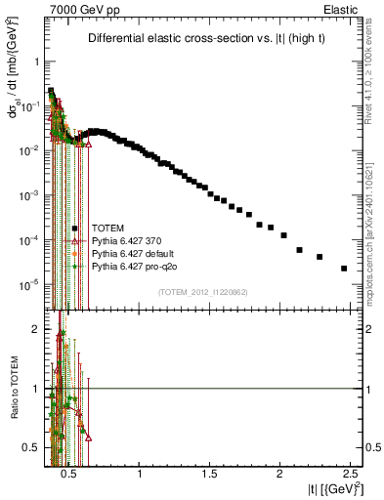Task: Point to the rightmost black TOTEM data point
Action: (x=344, y=269)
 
